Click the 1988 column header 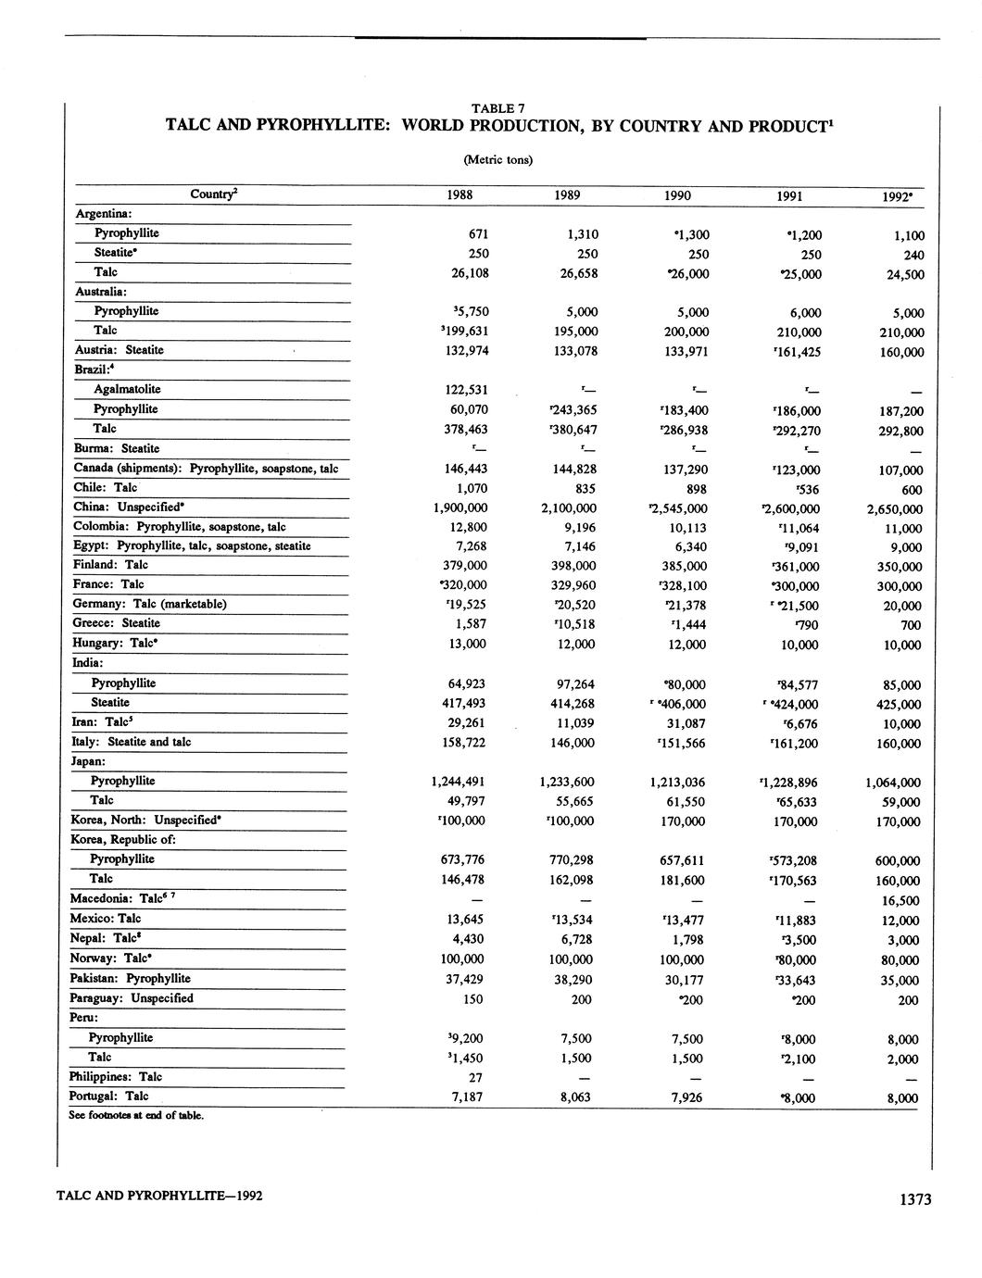pos(460,195)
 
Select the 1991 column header pos(790,196)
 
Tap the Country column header pos(213,194)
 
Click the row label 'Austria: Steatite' pos(119,350)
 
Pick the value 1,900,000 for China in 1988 pos(460,507)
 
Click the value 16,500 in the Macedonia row pos(899,900)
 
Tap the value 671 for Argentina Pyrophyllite pos(478,234)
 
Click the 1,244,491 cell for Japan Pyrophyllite pos(460,781)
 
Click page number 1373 pos(914,1200)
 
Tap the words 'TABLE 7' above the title pos(498,108)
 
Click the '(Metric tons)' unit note pos(497,159)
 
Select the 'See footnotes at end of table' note pos(136,1115)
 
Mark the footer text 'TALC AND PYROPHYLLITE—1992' pos(159,1196)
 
